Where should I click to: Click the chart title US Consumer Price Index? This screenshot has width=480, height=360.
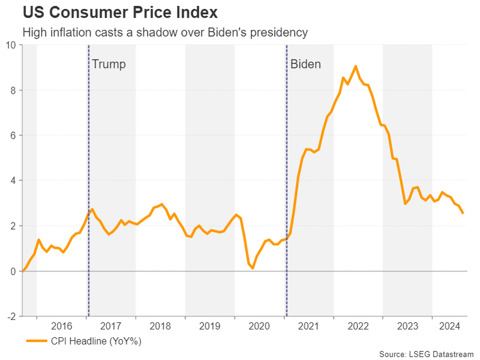point(120,13)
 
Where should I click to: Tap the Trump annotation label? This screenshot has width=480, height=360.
point(109,64)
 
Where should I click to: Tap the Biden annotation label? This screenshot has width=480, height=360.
point(305,64)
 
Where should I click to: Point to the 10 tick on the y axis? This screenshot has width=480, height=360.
point(11,45)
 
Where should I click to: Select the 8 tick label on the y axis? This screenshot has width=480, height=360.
point(13,91)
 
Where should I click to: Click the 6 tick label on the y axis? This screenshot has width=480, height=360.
point(13,136)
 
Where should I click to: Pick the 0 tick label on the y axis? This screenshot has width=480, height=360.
point(13,271)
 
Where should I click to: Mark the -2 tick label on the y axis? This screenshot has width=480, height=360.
point(11,316)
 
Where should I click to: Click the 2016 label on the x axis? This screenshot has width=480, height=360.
point(62,326)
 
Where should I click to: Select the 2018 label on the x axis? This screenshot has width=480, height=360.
point(160,326)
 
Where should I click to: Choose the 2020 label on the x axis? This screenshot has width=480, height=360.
point(259,326)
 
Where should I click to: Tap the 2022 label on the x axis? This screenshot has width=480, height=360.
point(358,326)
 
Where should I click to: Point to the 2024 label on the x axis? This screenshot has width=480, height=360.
point(449,326)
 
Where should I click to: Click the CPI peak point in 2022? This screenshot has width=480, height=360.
point(355,66)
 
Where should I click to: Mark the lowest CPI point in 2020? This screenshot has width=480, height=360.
point(253,268)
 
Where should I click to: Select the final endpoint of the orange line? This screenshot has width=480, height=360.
point(463,213)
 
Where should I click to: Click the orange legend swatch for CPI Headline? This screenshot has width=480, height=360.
point(37,341)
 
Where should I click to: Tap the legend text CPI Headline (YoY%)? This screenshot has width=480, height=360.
point(96,341)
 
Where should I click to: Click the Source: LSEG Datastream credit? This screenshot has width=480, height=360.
point(426,354)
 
